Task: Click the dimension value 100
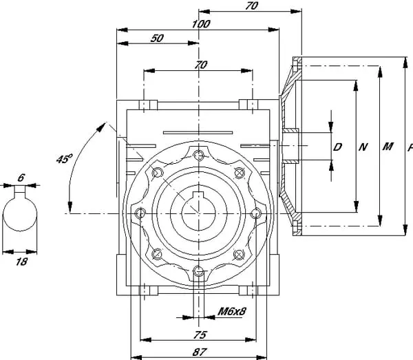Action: [x=201, y=24]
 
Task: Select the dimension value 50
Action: [x=157, y=39]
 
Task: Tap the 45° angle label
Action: [x=64, y=159]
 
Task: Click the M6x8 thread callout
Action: [x=232, y=312]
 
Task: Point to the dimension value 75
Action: [x=200, y=335]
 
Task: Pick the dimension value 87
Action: [x=200, y=352]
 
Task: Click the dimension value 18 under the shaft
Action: [x=21, y=262]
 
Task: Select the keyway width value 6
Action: [x=21, y=178]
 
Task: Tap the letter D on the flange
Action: [x=337, y=147]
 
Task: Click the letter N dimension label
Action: [x=363, y=147]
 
